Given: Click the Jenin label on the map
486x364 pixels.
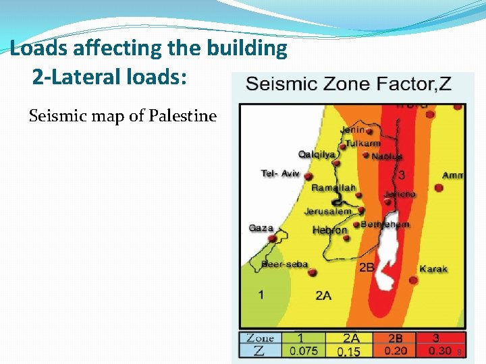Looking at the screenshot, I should (352, 129).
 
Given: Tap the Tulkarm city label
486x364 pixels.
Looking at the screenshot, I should (363, 143).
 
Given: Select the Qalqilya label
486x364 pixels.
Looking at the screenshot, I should (317, 154).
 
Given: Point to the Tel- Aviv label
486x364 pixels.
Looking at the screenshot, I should (280, 174).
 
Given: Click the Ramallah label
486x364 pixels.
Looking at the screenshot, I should (333, 187).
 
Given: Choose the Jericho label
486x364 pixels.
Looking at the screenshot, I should (400, 194).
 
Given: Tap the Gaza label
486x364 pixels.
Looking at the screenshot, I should (261, 228).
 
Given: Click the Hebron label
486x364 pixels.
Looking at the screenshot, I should (329, 231).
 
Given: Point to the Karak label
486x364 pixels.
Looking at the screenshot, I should (433, 269).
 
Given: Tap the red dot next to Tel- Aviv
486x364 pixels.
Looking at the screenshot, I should (308, 177).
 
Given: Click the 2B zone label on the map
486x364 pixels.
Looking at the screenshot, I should (367, 268).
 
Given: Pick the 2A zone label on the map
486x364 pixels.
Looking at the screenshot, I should (323, 295).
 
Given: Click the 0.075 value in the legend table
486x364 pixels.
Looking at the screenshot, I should (302, 351).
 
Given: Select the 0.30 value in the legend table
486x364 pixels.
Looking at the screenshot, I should (439, 351).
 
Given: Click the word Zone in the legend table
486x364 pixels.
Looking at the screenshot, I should (260, 338).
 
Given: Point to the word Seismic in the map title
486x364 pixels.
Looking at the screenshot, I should (278, 84).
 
